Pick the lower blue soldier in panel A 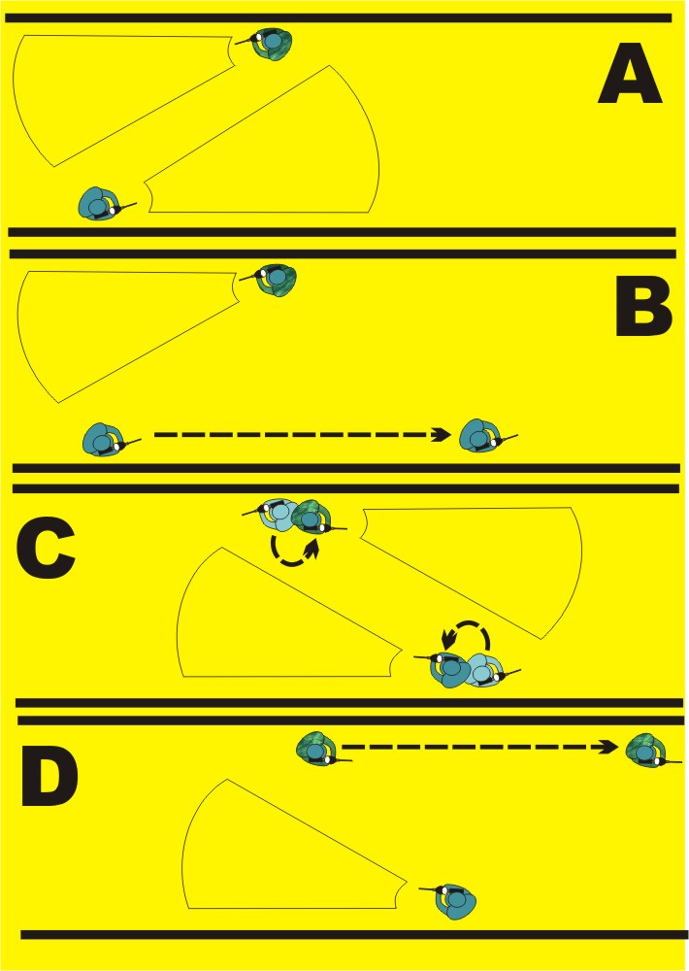point(100,204)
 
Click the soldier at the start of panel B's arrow point(104,440)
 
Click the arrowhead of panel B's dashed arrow point(443,434)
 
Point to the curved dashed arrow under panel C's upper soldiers point(293,552)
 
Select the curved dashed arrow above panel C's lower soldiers point(467,636)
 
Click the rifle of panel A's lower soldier point(128,205)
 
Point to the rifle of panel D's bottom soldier point(429,888)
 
